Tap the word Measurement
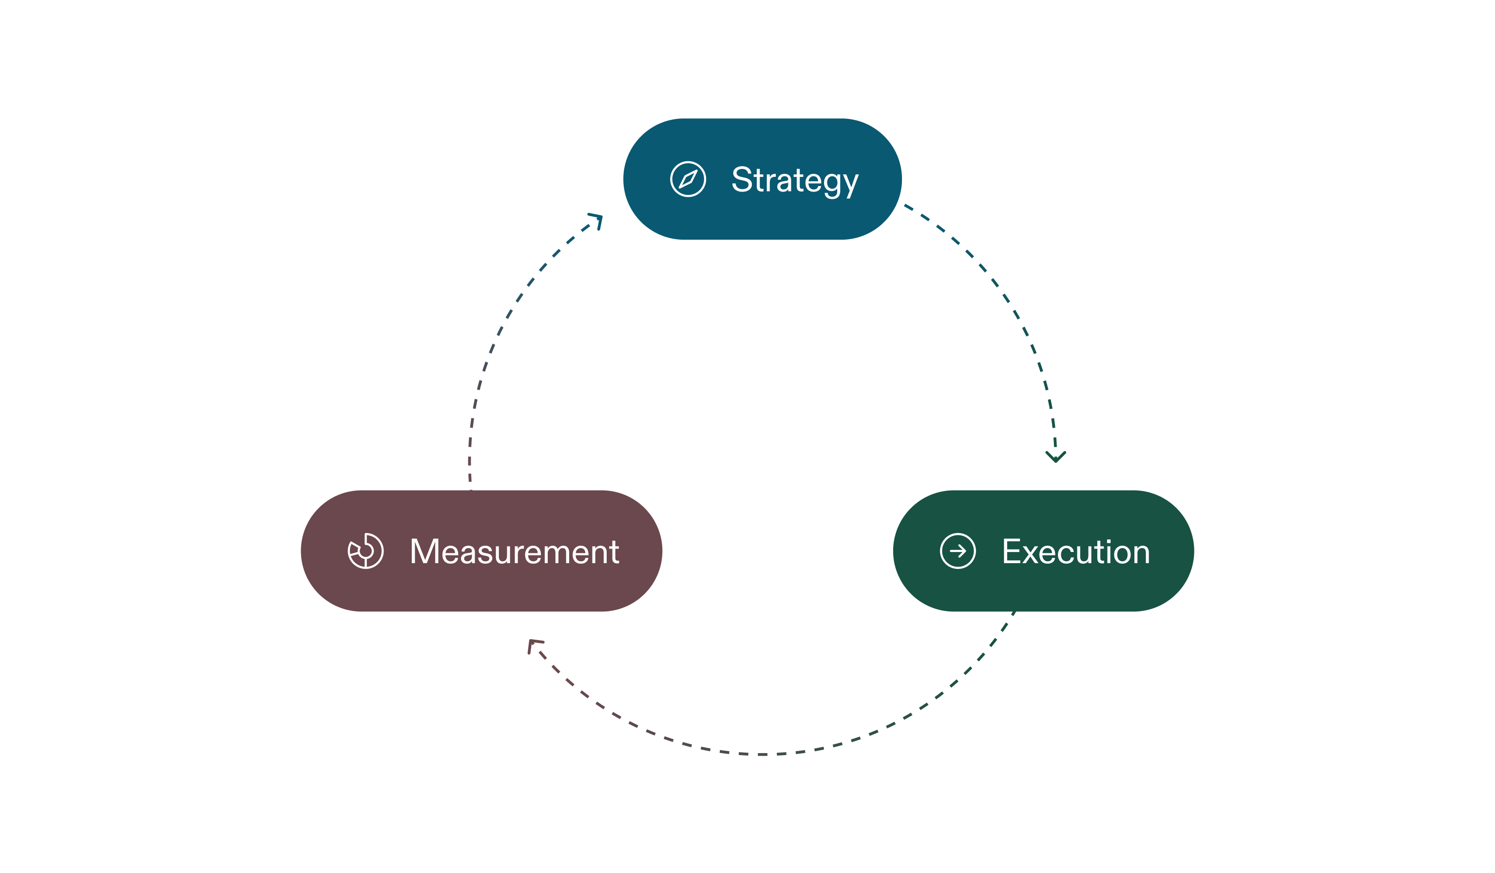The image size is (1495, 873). tap(515, 551)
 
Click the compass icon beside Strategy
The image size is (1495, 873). tap(688, 179)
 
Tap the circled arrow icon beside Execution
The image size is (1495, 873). tap(958, 551)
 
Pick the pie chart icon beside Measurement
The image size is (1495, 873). tap(365, 551)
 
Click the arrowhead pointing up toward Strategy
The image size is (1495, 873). tap(597, 220)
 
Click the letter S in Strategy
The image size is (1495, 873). tap(742, 179)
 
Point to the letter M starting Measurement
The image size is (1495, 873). tap(424, 551)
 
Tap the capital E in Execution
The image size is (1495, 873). tap(1012, 551)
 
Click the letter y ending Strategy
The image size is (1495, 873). tap(851, 184)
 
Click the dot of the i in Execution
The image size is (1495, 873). tap(1109, 541)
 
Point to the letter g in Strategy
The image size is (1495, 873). tap(832, 184)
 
